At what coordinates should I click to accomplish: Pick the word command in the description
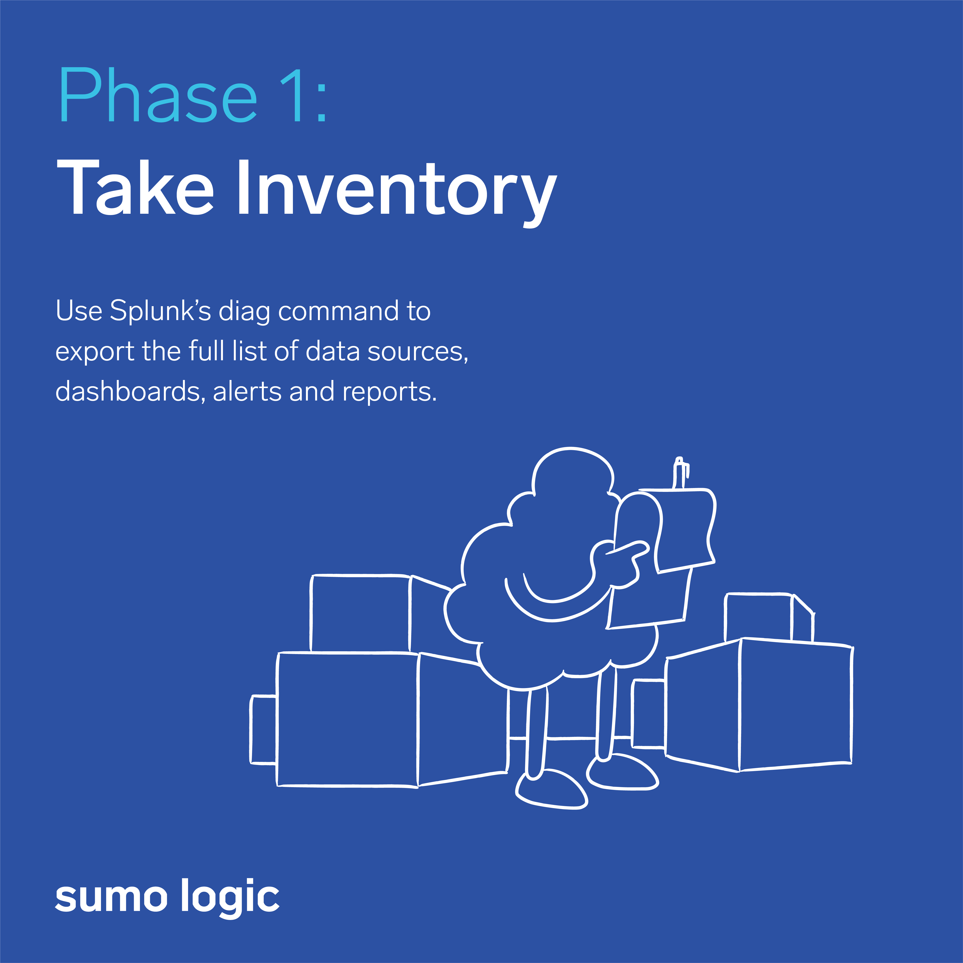[338, 311]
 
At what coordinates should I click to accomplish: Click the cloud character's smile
[553, 598]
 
